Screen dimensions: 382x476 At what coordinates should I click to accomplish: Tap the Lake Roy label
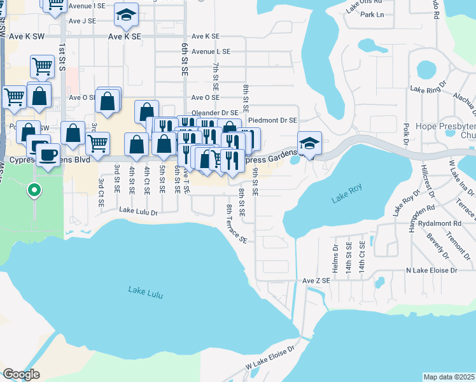[346, 199]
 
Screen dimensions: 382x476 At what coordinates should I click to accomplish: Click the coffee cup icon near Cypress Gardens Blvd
[48, 155]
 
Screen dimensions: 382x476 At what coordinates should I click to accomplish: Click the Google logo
[21, 374]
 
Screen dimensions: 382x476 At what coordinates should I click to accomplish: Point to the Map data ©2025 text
[449, 377]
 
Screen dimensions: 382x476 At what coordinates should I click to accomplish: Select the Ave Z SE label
[316, 280]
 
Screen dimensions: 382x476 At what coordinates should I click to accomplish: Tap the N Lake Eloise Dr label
[431, 271]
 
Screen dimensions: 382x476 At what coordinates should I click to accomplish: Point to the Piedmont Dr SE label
[272, 120]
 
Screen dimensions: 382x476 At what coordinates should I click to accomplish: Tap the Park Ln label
[372, 15]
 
